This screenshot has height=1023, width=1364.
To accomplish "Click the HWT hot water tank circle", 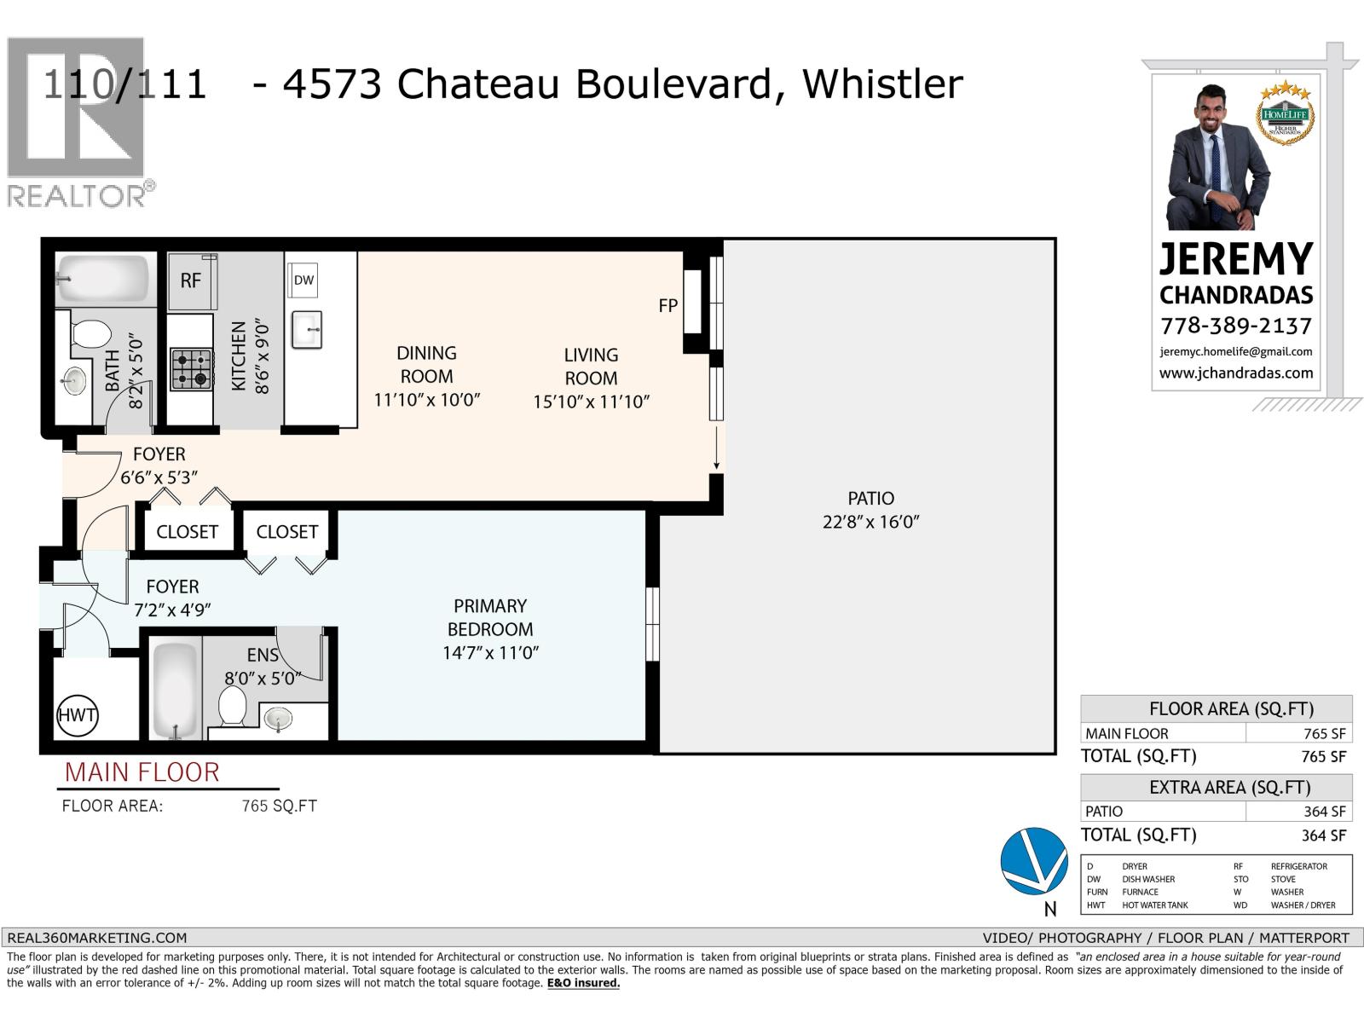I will (77, 714).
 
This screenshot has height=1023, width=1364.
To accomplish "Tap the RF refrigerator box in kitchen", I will (190, 281).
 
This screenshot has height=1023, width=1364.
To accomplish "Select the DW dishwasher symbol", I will (303, 280).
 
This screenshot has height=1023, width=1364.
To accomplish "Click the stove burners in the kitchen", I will (191, 369).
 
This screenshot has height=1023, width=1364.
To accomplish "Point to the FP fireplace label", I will (668, 305).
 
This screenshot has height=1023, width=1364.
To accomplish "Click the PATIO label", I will (870, 499).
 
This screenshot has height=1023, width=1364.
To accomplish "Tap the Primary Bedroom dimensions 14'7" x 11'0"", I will (490, 653).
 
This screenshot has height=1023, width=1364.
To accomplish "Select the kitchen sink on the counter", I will (307, 329).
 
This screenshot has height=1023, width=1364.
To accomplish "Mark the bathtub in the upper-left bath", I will (104, 279).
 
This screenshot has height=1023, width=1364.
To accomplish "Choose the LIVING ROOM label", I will (591, 367).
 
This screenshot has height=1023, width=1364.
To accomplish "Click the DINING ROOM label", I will (426, 365).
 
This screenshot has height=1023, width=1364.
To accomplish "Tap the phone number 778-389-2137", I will (1235, 326).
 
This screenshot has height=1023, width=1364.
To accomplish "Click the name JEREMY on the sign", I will (1235, 258).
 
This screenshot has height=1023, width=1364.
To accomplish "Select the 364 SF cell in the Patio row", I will (1323, 812).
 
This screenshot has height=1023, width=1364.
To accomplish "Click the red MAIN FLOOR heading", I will (142, 772).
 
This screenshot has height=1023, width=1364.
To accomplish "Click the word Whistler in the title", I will (882, 84).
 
